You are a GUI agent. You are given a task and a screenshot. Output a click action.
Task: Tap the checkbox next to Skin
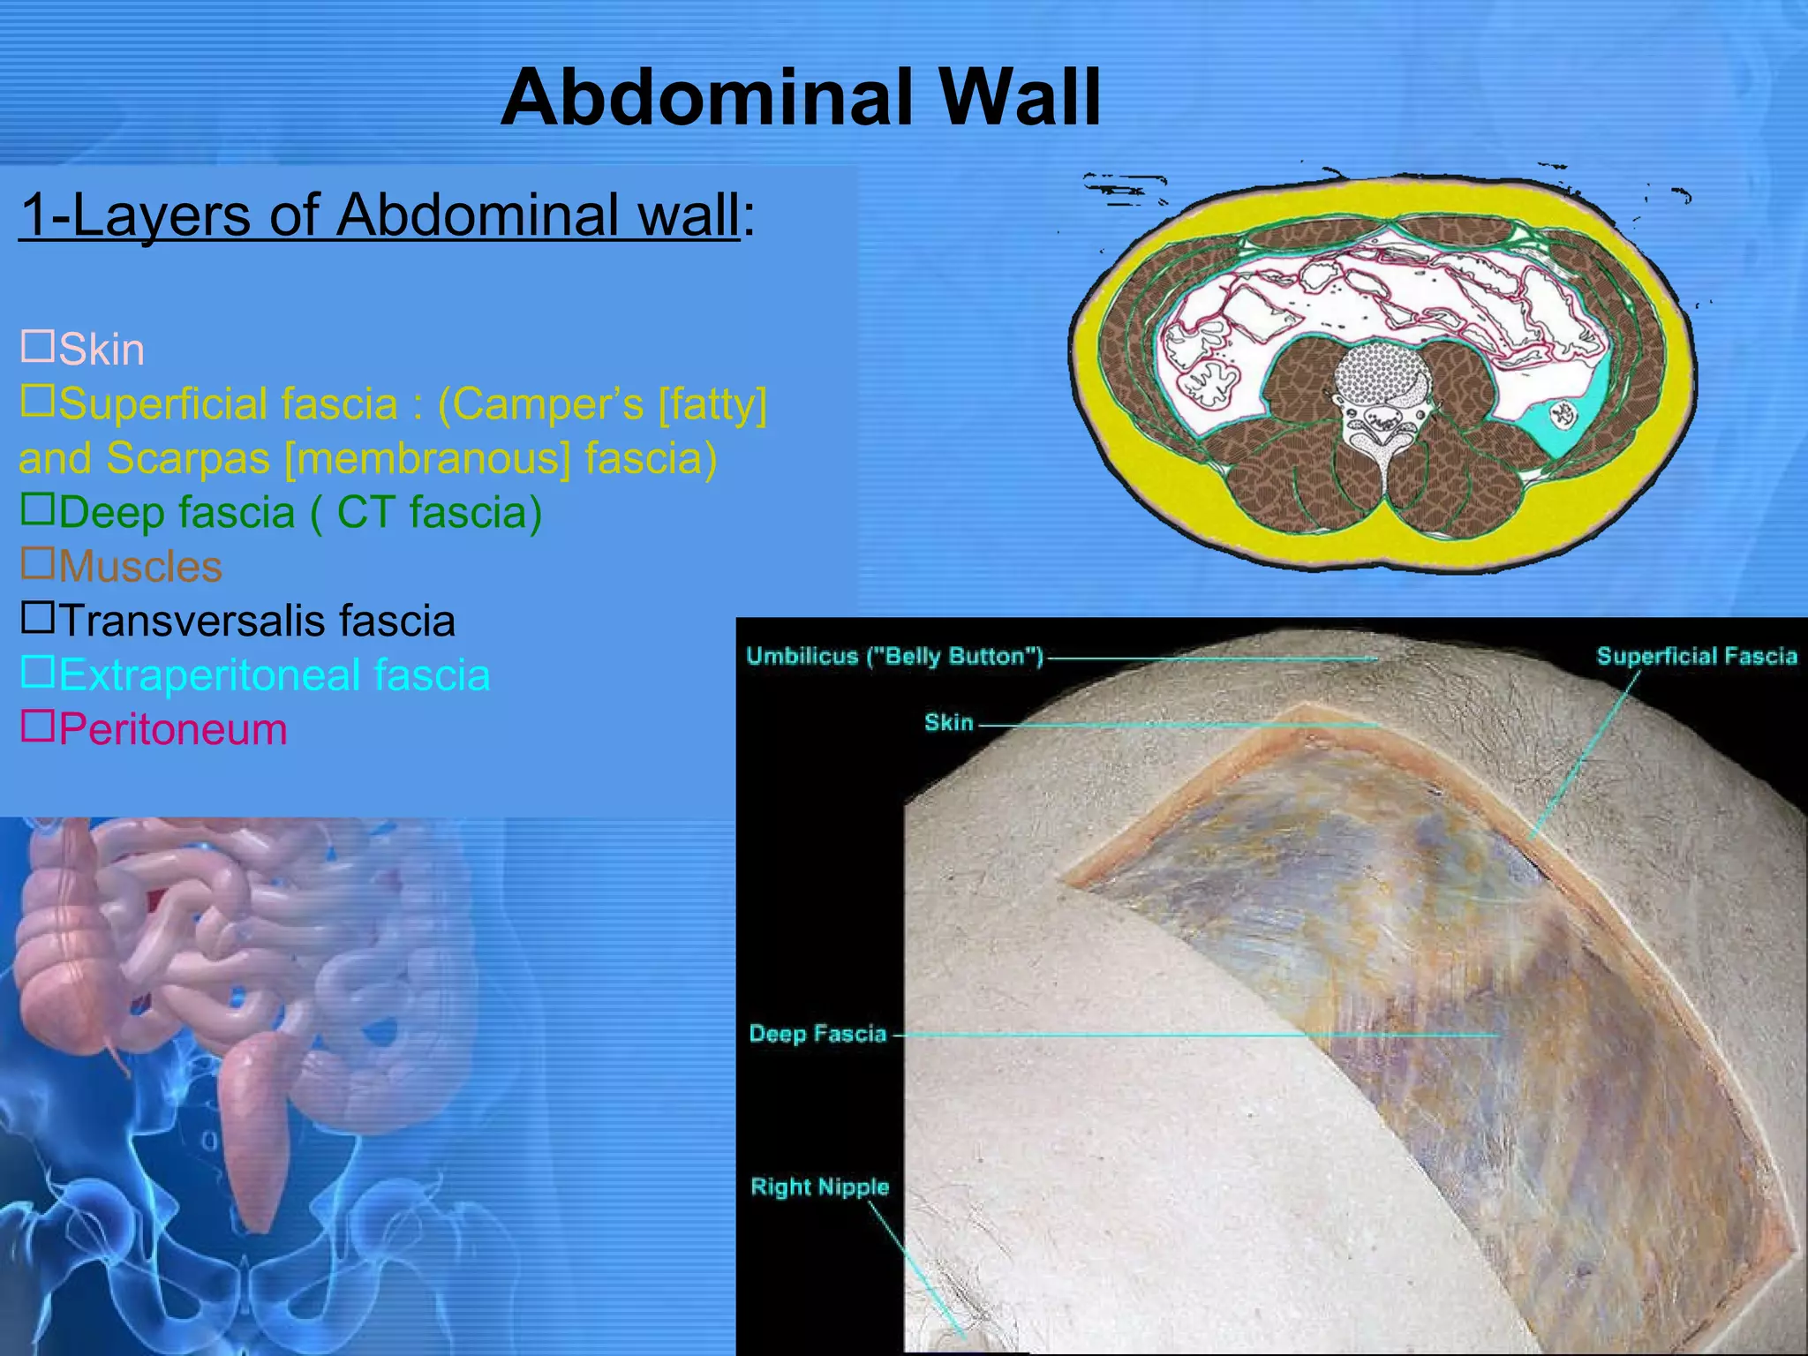pyautogui.click(x=37, y=346)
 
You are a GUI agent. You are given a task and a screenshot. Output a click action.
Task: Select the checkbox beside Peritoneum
pyautogui.click(x=37, y=726)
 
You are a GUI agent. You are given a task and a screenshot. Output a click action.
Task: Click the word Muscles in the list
pyautogui.click(x=140, y=567)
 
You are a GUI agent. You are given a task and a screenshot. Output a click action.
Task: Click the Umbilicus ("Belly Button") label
pyautogui.click(x=894, y=656)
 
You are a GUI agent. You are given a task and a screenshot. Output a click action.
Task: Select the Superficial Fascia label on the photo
pyautogui.click(x=1696, y=656)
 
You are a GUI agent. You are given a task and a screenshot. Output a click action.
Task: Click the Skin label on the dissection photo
pyautogui.click(x=948, y=722)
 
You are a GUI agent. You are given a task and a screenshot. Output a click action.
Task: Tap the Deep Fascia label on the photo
pyautogui.click(x=817, y=1034)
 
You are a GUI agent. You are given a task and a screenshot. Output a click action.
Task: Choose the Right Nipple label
pyautogui.click(x=819, y=1186)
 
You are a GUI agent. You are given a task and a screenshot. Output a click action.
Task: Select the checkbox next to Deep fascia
pyautogui.click(x=37, y=509)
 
